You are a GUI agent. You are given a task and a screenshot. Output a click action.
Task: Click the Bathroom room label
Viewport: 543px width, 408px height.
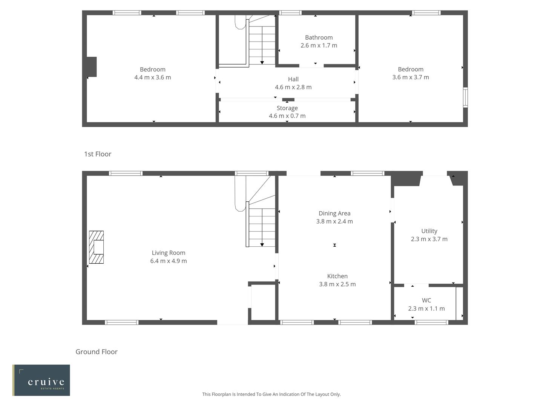tap(319, 37)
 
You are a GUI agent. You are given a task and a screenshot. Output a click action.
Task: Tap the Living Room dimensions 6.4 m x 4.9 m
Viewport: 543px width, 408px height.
tap(169, 261)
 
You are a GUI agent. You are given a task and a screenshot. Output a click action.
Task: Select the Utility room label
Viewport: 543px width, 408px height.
tap(429, 231)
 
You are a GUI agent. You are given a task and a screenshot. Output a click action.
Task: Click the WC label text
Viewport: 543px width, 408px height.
tap(426, 300)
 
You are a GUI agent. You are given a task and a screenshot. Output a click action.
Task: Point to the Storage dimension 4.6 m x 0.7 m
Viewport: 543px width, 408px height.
tap(287, 116)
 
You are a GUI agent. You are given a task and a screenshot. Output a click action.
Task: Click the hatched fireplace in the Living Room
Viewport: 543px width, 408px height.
tap(96, 247)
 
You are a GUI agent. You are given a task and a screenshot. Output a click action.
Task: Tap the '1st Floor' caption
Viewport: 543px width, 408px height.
tap(98, 154)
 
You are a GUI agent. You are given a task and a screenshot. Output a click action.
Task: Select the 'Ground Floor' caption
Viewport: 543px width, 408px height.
tap(97, 352)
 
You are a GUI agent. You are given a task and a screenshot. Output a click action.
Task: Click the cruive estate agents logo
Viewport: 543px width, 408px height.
tap(41, 380)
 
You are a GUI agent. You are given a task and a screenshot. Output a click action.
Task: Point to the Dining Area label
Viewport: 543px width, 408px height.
tap(334, 213)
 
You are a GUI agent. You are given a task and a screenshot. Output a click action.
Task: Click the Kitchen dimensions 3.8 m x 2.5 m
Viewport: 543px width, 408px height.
tap(337, 284)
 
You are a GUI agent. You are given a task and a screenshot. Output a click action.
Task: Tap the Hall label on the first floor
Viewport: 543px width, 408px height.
tap(293, 79)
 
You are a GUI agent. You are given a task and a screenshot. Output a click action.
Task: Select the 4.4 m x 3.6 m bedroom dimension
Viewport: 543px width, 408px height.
tap(152, 77)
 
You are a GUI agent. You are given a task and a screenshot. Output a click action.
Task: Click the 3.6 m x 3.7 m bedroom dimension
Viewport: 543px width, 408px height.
tap(411, 77)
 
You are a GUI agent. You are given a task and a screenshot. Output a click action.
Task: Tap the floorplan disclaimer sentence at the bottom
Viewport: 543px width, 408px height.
tap(271, 394)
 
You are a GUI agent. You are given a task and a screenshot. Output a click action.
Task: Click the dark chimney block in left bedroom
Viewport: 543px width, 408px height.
tap(92, 67)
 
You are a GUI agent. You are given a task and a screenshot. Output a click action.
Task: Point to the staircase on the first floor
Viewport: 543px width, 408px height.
tap(262, 42)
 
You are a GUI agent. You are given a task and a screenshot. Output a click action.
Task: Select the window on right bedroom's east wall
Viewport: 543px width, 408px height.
tap(465, 97)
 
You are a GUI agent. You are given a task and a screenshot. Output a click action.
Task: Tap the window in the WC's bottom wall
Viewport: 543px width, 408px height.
tap(431, 323)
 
